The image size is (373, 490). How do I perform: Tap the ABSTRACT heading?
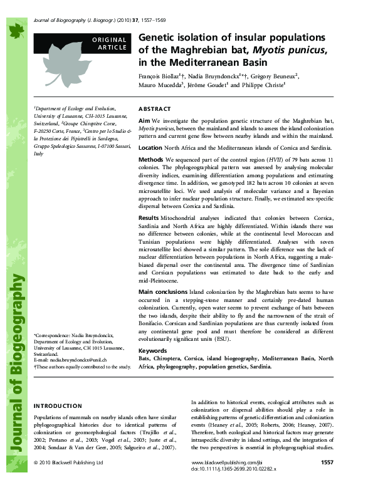click(x=154, y=108)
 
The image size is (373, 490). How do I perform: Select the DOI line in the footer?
click(x=232, y=469)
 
